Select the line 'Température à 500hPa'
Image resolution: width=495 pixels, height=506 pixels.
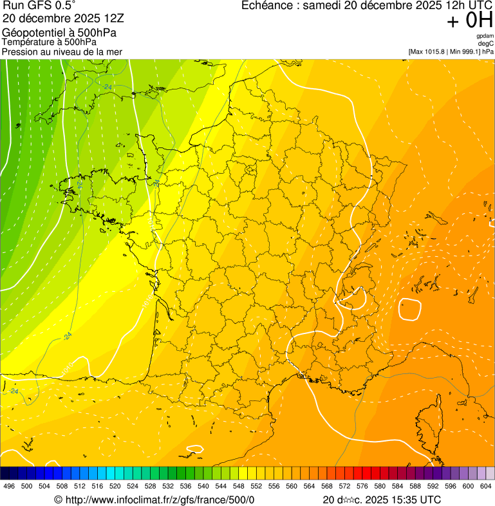[x=50, y=42]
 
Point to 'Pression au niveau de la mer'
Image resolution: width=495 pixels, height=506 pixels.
[x=62, y=52]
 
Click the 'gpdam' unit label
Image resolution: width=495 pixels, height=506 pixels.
[x=485, y=36]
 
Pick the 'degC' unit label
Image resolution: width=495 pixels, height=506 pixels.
[x=487, y=44]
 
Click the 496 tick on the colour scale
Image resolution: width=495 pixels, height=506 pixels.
[x=9, y=486]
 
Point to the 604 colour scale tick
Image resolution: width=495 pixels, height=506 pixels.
[x=486, y=486]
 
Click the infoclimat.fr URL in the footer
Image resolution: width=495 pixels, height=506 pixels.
[x=154, y=500]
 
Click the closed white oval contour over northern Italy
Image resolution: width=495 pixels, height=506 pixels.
[x=409, y=310]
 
